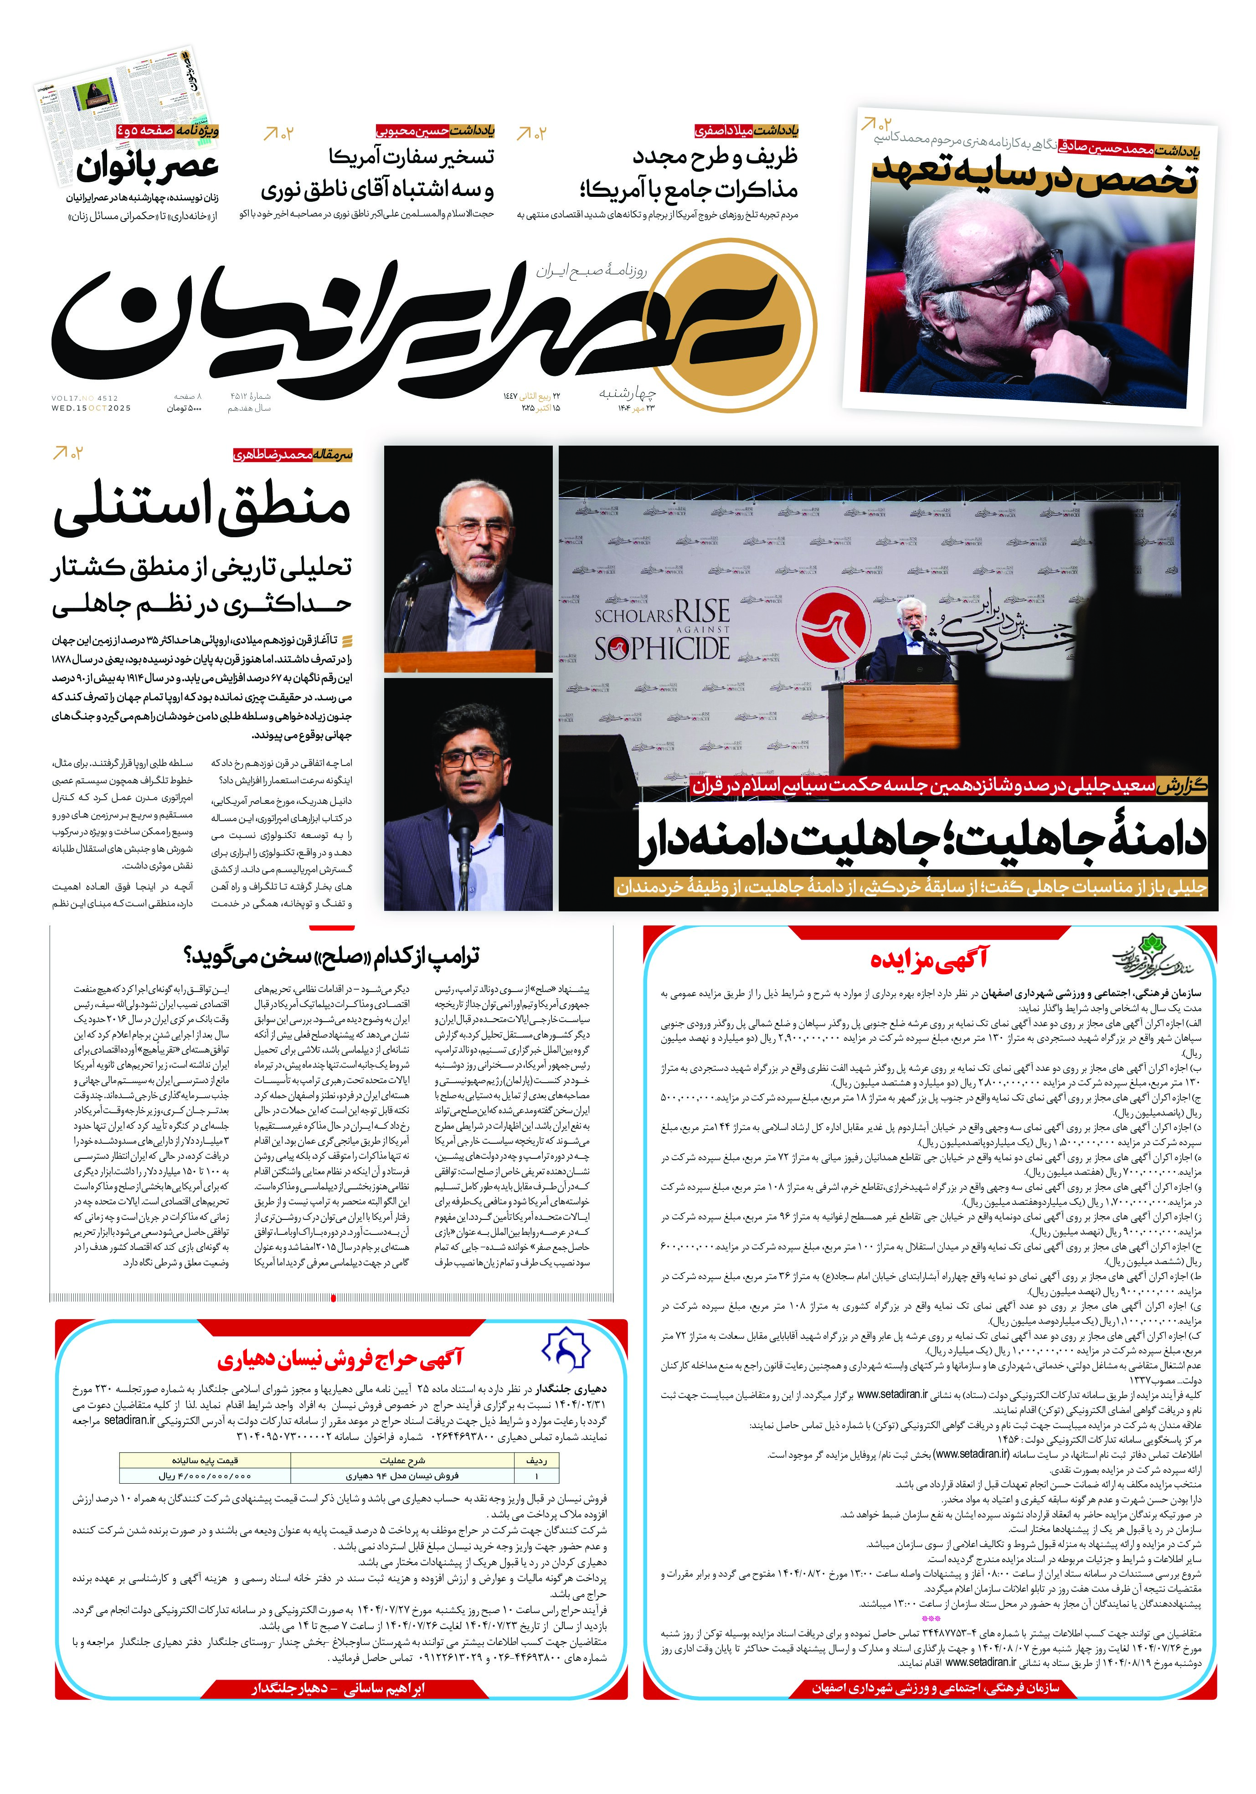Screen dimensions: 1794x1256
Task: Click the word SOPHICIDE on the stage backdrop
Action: click(661, 648)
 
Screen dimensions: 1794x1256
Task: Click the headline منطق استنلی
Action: click(201, 510)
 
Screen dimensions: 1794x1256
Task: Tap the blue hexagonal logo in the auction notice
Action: click(566, 1349)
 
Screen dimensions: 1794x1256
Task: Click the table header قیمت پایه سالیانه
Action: click(205, 1460)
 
